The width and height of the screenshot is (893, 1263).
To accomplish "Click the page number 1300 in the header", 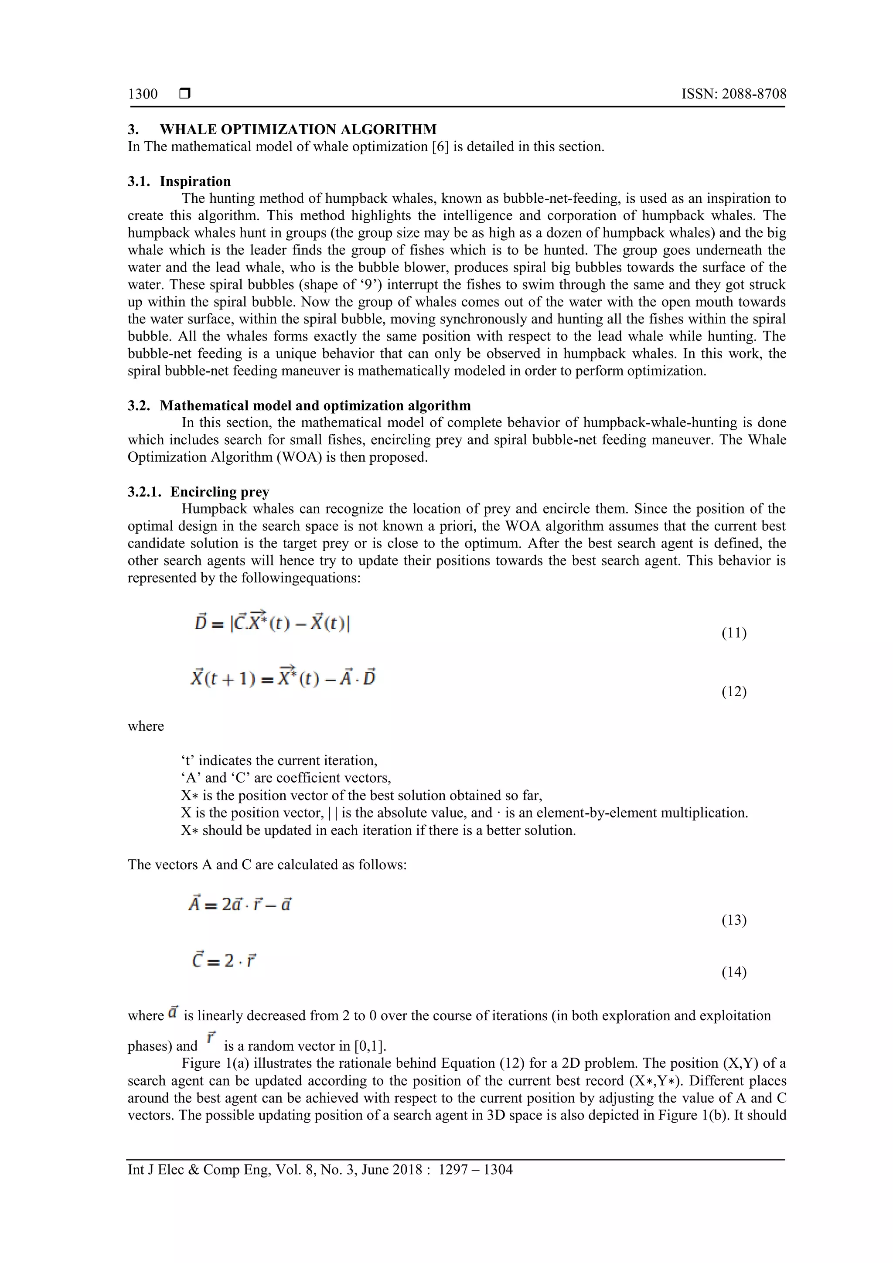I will [x=143, y=94].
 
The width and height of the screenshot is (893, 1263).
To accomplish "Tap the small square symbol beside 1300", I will [x=185, y=94].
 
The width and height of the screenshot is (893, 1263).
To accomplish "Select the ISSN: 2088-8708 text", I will [x=733, y=94].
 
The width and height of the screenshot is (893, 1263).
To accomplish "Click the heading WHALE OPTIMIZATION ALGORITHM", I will [x=298, y=129].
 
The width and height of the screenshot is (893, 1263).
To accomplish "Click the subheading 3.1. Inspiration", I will [x=179, y=181].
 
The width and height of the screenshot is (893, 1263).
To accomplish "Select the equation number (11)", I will [x=733, y=633].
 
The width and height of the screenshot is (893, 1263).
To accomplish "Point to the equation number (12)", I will [x=733, y=691].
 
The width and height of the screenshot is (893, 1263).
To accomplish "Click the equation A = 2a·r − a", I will [x=240, y=904].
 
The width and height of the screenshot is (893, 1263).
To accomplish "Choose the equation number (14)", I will [x=733, y=972].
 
